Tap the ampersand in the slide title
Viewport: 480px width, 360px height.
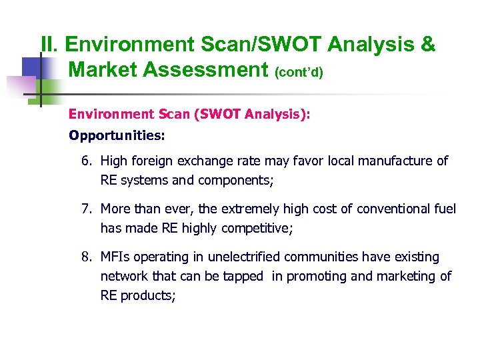coord(427,45)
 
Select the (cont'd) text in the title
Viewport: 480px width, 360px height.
coord(299,71)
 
